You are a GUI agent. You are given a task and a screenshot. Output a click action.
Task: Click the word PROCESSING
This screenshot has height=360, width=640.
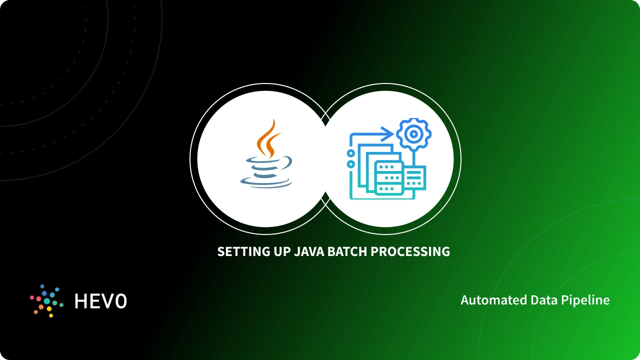tap(410, 251)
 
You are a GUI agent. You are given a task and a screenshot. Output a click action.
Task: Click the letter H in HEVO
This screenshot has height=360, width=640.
tap(81, 301)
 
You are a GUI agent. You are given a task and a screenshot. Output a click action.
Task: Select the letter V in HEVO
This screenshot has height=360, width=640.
tap(108, 301)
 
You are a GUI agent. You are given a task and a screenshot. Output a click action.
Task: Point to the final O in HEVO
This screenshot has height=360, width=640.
tap(121, 301)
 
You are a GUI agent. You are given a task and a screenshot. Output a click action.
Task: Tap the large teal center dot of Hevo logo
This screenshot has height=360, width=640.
tap(47, 301)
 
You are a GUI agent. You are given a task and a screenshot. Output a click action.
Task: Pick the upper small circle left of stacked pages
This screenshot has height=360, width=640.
tap(351, 153)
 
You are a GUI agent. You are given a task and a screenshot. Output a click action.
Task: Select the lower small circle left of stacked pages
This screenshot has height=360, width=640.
tap(351, 164)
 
